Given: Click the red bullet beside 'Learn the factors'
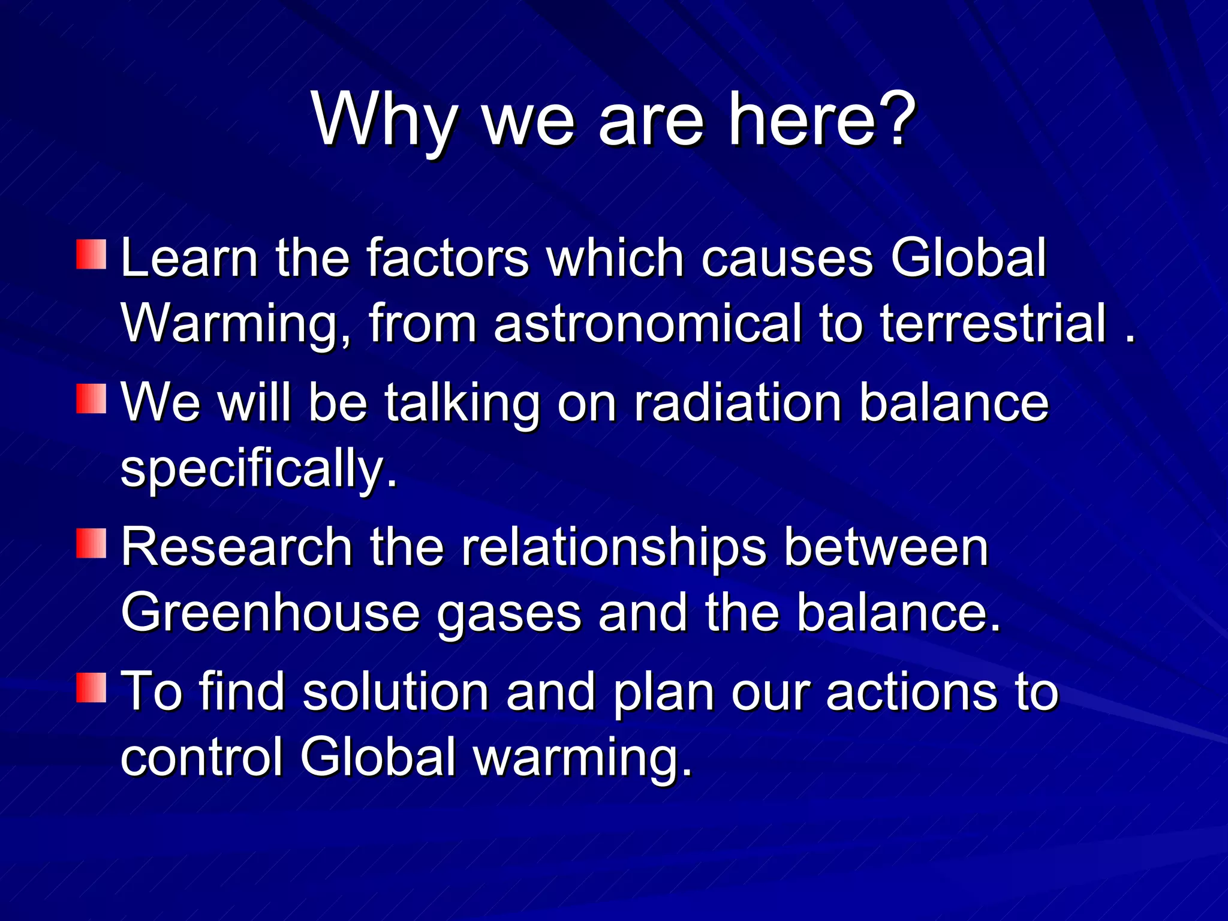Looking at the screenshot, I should [91, 254].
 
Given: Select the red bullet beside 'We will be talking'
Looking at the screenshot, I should [91, 399].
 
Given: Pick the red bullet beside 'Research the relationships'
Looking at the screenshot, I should [91, 543].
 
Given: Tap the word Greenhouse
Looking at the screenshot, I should [270, 612].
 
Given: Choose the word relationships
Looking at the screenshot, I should [613, 547].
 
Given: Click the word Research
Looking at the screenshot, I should [237, 547].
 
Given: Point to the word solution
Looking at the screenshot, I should [396, 691].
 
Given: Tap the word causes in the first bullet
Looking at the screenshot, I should [786, 258].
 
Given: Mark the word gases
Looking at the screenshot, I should [509, 613].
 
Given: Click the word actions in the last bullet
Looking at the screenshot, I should [911, 691].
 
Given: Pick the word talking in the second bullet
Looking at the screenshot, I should [462, 402].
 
